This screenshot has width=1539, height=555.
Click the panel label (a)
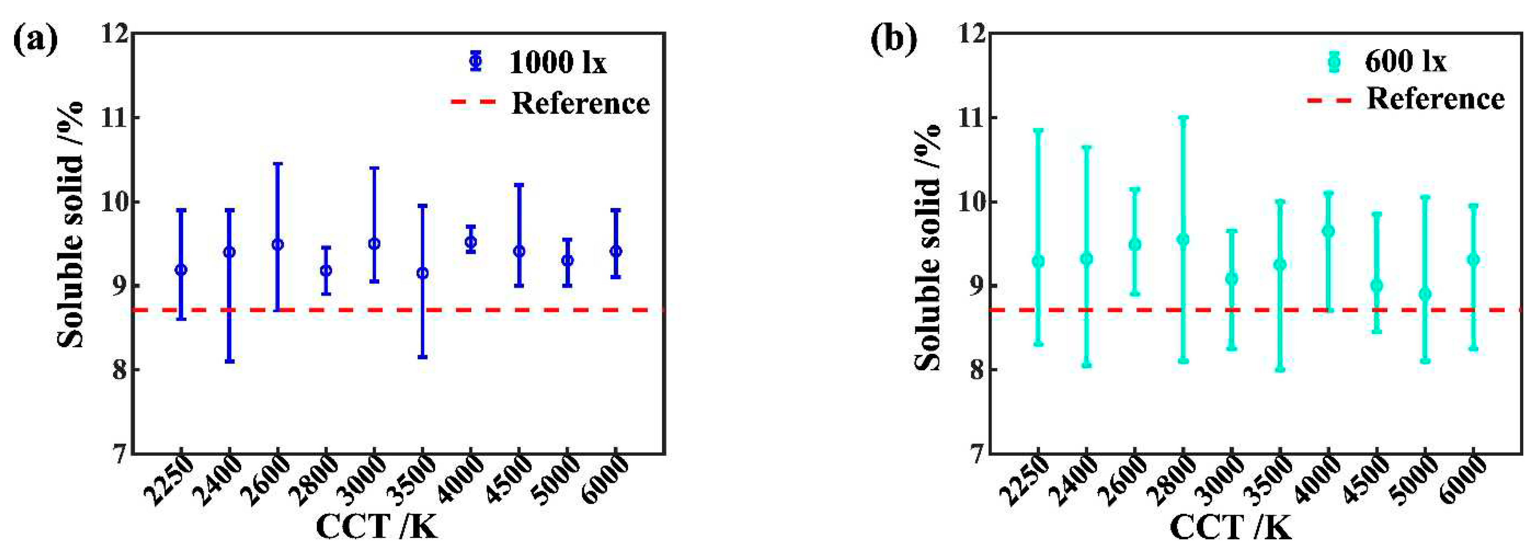tap(36, 41)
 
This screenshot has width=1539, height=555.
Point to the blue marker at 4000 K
tap(471, 242)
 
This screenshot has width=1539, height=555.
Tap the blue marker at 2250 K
tap(181, 270)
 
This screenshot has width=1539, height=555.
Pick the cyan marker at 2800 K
tap(1183, 240)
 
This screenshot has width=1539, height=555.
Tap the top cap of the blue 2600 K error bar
tap(278, 163)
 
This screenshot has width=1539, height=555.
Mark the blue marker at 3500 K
tap(422, 273)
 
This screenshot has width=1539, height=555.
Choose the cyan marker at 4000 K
tap(1328, 231)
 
